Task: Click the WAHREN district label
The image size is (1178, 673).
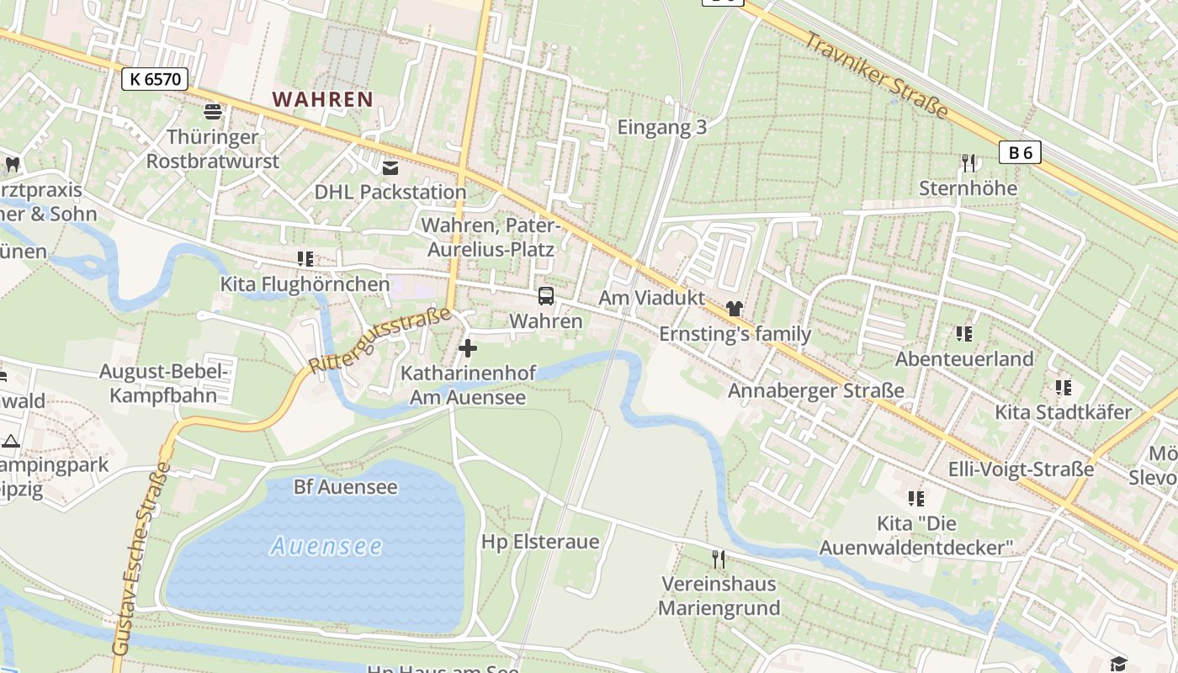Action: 322,99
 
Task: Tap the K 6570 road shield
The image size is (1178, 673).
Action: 154,79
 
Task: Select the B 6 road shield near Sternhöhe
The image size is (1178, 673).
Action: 1020,152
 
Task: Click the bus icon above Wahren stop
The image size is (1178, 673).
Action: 546,296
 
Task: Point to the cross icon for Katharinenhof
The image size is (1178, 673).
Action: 468,347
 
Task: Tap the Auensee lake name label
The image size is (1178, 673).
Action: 326,546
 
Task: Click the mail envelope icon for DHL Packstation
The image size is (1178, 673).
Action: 390,167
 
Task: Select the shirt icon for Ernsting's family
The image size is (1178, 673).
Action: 735,309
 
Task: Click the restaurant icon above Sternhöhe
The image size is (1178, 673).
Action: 968,162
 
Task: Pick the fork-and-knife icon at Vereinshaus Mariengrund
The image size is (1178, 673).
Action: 719,559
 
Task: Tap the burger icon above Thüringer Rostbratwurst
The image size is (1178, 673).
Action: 212,111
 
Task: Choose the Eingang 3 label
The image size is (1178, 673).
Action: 661,128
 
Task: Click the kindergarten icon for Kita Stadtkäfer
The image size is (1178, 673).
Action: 1063,388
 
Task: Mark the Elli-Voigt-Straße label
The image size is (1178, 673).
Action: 1021,469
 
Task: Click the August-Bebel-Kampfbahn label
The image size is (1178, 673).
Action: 164,384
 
